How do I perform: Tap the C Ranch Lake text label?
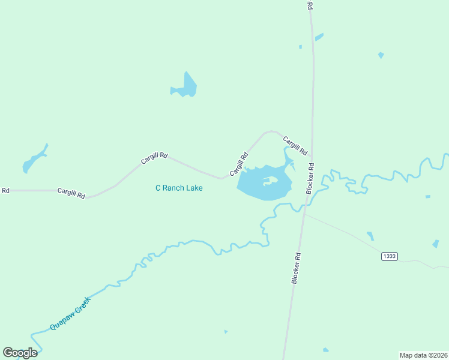(x=179, y=188)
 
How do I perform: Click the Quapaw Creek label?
(x=70, y=314)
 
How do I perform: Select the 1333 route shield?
(x=389, y=256)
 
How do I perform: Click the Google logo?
(x=20, y=353)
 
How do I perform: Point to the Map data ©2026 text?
(x=423, y=355)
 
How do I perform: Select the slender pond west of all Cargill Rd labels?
(x=34, y=160)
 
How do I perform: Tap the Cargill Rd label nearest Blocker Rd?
(x=295, y=145)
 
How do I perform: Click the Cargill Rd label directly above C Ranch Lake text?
(x=154, y=158)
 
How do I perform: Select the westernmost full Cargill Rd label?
(x=71, y=193)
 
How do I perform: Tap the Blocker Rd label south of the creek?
(x=296, y=268)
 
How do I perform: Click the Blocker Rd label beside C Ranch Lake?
(x=310, y=178)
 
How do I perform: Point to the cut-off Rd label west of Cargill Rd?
(x=5, y=190)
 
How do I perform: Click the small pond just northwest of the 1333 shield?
(x=370, y=236)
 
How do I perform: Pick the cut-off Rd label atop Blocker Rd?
(x=310, y=5)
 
